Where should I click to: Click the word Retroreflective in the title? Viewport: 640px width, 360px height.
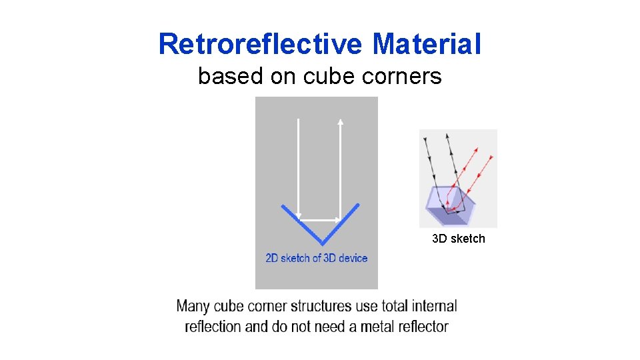pyautogui.click(x=261, y=45)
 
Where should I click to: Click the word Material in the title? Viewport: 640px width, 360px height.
pyautogui.click(x=427, y=45)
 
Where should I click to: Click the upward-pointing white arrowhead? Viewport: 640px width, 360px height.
pyautogui.click(x=340, y=122)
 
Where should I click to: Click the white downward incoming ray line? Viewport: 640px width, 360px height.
pyautogui.click(x=298, y=167)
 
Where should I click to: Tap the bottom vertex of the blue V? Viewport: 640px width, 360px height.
pyautogui.click(x=321, y=243)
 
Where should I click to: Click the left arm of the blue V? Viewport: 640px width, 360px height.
pyautogui.click(x=301, y=224)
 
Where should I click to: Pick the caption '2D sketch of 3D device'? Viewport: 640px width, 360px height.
pyautogui.click(x=316, y=258)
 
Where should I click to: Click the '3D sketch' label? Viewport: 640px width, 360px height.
pyautogui.click(x=458, y=239)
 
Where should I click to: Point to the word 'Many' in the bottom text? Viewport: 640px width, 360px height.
pyautogui.click(x=193, y=307)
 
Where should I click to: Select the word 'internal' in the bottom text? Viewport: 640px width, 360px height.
pyautogui.click(x=434, y=307)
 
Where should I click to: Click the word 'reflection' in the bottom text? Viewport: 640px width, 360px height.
pyautogui.click(x=213, y=327)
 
